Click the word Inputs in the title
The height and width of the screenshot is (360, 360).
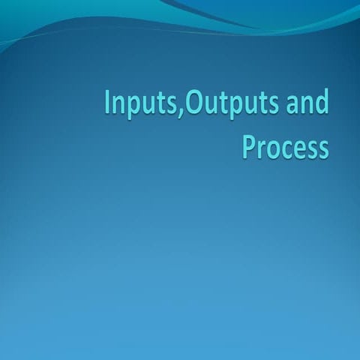click(x=142, y=104)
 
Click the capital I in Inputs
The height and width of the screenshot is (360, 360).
click(x=108, y=103)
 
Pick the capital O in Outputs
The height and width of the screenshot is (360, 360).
click(x=194, y=103)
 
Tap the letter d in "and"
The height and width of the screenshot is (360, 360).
click(x=322, y=102)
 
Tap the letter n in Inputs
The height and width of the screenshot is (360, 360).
click(x=120, y=105)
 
